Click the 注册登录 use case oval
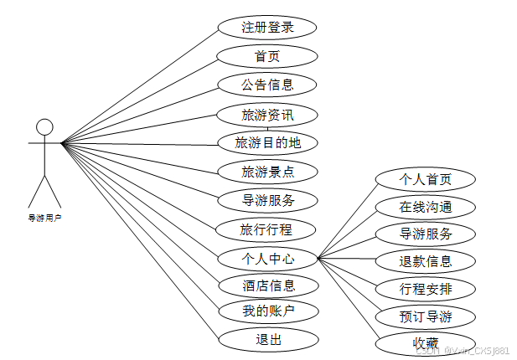point(267,27)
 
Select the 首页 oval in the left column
point(267,56)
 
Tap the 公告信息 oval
point(267,85)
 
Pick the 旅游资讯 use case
point(267,114)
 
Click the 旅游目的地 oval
point(267,142)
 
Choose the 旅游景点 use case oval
point(267,172)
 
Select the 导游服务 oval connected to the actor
point(267,200)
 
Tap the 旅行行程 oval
point(267,229)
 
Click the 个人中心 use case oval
point(267,258)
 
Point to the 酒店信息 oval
point(267,285)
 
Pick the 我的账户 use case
point(267,311)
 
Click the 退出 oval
point(267,339)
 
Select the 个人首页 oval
point(426,179)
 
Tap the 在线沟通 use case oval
point(426,206)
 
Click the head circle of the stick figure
point(44,127)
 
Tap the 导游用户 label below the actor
point(44,218)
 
